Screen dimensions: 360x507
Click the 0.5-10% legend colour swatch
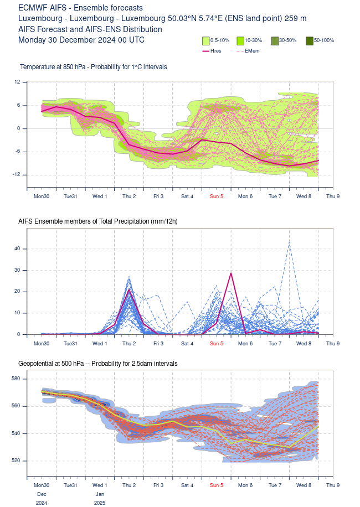(206, 41)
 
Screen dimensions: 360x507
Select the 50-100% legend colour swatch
(310, 41)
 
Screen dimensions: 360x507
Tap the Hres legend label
(216, 51)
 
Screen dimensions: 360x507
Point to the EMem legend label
(252, 51)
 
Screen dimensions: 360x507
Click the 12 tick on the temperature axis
(17, 82)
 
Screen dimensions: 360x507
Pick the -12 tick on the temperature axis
(16, 174)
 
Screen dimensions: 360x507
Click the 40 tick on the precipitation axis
(17, 249)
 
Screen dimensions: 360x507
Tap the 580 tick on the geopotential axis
(16, 379)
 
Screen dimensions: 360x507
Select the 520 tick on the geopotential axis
(16, 461)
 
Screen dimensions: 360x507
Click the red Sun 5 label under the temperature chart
(217, 196)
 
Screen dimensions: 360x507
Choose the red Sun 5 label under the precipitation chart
(217, 343)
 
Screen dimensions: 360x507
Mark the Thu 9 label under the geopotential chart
(333, 485)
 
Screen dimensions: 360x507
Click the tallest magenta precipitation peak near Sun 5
(231, 273)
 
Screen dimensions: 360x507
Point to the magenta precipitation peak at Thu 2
(129, 289)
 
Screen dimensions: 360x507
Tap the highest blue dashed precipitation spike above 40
(289, 242)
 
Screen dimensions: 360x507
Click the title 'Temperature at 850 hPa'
(53, 67)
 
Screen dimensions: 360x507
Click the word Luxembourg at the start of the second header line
(40, 18)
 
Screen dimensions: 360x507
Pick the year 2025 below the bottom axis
(100, 503)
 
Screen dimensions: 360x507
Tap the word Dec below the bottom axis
(42, 494)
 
